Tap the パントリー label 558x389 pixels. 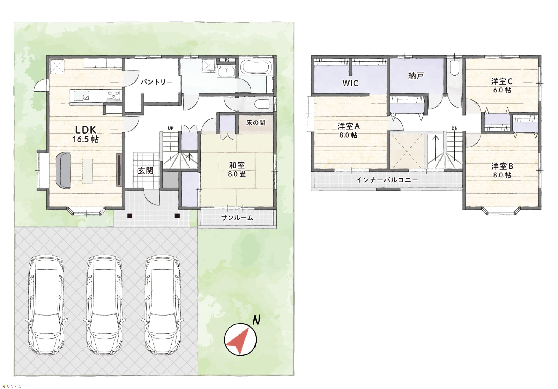coord(156,82)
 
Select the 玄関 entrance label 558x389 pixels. coord(145,171)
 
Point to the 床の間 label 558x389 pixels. coord(255,123)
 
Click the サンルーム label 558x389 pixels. coord(237,218)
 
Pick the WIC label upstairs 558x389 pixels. coord(350,83)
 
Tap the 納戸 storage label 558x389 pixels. coord(416,76)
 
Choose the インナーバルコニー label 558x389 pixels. coord(387,180)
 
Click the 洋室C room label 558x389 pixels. coord(502,81)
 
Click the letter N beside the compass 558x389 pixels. coord(256,320)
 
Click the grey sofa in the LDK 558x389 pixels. coord(63,170)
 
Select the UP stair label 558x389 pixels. coord(171,128)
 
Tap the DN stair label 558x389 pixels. coord(454,128)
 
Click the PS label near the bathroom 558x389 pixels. coord(227,60)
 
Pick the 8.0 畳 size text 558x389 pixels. coord(237,174)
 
